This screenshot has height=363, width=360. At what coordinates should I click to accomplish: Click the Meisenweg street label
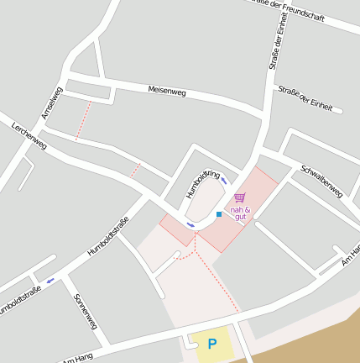(166, 91)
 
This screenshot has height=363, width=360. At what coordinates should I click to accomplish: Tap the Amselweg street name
(52, 103)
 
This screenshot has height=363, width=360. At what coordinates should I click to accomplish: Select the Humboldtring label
(202, 185)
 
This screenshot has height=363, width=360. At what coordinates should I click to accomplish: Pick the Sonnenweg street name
(86, 311)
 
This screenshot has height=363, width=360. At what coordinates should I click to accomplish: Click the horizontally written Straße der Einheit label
(305, 99)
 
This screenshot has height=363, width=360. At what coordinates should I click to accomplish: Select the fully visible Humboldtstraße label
(108, 236)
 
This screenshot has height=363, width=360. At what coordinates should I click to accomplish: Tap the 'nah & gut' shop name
(240, 213)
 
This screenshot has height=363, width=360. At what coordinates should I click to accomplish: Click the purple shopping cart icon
(240, 198)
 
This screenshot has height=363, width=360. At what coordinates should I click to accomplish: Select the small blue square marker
(219, 215)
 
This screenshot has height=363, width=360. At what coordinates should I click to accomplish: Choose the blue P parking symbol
(212, 344)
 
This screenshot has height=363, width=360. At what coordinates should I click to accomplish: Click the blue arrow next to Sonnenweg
(50, 281)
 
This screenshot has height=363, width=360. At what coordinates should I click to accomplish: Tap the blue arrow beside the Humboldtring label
(224, 181)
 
